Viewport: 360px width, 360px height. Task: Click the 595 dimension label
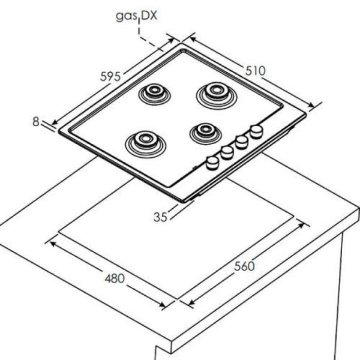(x=110, y=76)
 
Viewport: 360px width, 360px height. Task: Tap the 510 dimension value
(x=256, y=71)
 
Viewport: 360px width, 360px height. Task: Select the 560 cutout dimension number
(x=244, y=266)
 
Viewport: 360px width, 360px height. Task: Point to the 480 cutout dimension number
(x=115, y=278)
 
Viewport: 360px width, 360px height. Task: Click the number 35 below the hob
(x=160, y=217)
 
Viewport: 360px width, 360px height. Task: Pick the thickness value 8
(x=36, y=121)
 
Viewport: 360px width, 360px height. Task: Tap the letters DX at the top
(x=149, y=16)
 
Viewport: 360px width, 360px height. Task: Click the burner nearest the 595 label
(x=154, y=94)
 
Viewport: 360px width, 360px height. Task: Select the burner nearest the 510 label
(x=216, y=95)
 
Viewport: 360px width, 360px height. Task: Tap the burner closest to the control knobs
(x=205, y=133)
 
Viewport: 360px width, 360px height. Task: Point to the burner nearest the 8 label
(x=146, y=144)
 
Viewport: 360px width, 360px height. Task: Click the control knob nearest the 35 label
(x=212, y=163)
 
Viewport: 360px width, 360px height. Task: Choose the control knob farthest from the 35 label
(x=256, y=131)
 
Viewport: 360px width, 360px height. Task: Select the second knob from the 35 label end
(x=227, y=152)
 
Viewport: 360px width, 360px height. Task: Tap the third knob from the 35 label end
(x=242, y=142)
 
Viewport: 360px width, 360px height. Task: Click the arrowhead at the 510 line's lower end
(x=311, y=105)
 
